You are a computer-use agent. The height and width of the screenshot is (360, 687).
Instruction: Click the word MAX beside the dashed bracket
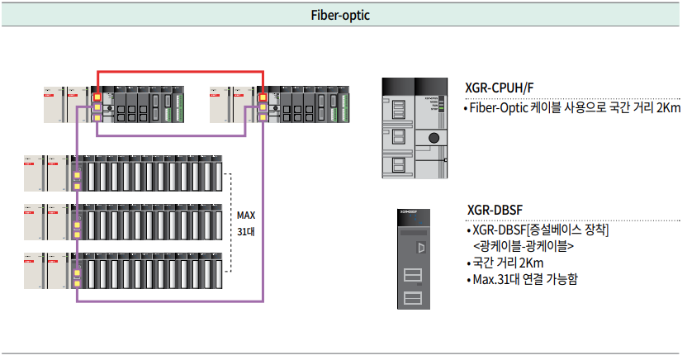[x=246, y=216]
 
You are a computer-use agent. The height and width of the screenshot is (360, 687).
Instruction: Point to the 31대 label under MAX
[x=246, y=231]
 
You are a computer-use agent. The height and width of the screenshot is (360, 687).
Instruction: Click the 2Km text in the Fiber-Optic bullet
[x=667, y=108]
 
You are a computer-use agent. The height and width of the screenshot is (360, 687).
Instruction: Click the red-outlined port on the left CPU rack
[x=97, y=97]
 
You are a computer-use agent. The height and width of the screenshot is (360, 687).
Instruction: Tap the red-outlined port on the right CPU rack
[x=263, y=97]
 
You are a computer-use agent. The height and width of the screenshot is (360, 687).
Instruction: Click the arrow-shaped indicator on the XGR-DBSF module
[x=422, y=248]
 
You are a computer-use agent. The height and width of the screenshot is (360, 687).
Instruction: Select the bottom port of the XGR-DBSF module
[x=413, y=299]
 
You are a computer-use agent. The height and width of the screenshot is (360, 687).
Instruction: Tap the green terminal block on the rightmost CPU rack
[x=342, y=106]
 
